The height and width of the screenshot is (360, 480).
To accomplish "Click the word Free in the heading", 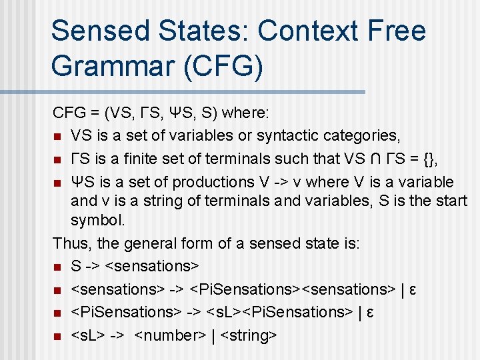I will point(397,31).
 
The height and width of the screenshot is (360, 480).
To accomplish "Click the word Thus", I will point(69,243).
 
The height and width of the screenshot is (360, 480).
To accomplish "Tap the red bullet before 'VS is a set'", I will point(58,137).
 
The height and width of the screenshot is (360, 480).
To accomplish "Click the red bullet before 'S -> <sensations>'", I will point(58,267).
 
